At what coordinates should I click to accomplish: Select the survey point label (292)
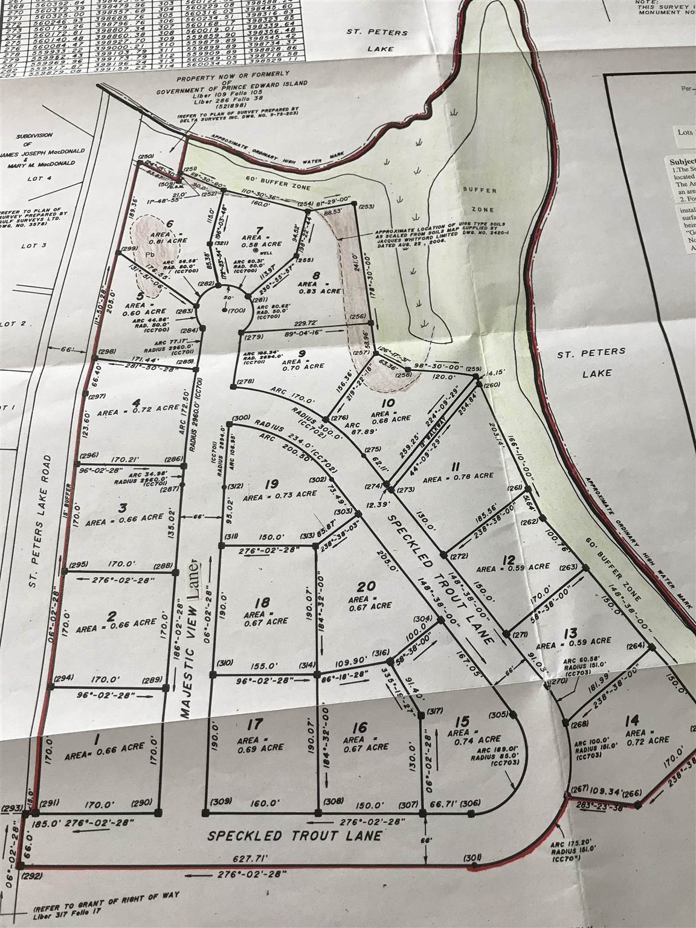31,875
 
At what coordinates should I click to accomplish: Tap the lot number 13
569,633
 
